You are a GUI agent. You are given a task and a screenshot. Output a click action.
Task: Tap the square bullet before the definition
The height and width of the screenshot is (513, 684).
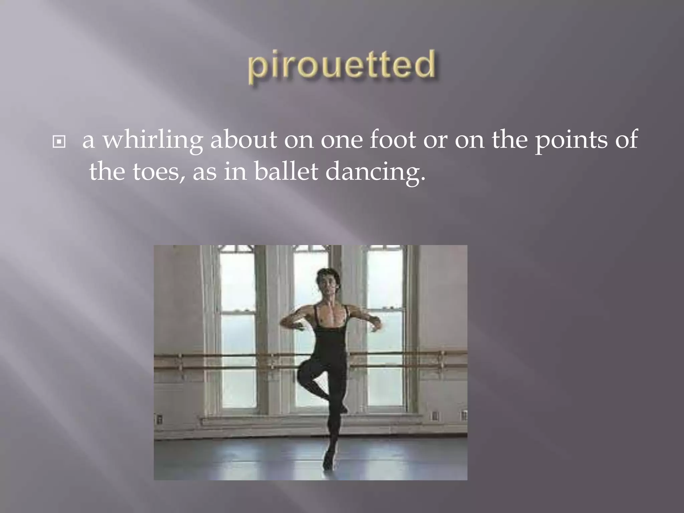pyautogui.click(x=59, y=142)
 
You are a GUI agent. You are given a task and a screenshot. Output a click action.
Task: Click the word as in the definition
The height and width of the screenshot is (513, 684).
pyautogui.click(x=204, y=173)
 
